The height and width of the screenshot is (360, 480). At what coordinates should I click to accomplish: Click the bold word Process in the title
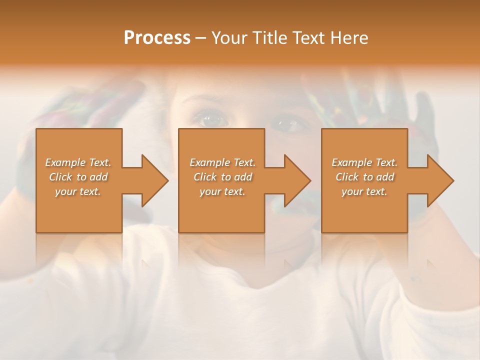[157, 38]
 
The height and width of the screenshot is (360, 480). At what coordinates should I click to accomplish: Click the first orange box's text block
[78, 177]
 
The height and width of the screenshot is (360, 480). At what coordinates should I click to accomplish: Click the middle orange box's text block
[222, 177]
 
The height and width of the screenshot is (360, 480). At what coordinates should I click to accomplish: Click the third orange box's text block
[364, 177]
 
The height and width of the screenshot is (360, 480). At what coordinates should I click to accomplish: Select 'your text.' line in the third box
[364, 191]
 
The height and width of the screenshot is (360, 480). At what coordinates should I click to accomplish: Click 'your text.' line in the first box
[78, 191]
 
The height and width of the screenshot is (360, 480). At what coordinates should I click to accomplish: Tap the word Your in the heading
[229, 38]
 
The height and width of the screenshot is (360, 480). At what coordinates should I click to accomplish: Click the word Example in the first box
[65, 162]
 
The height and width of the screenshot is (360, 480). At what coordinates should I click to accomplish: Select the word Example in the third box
[351, 162]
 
